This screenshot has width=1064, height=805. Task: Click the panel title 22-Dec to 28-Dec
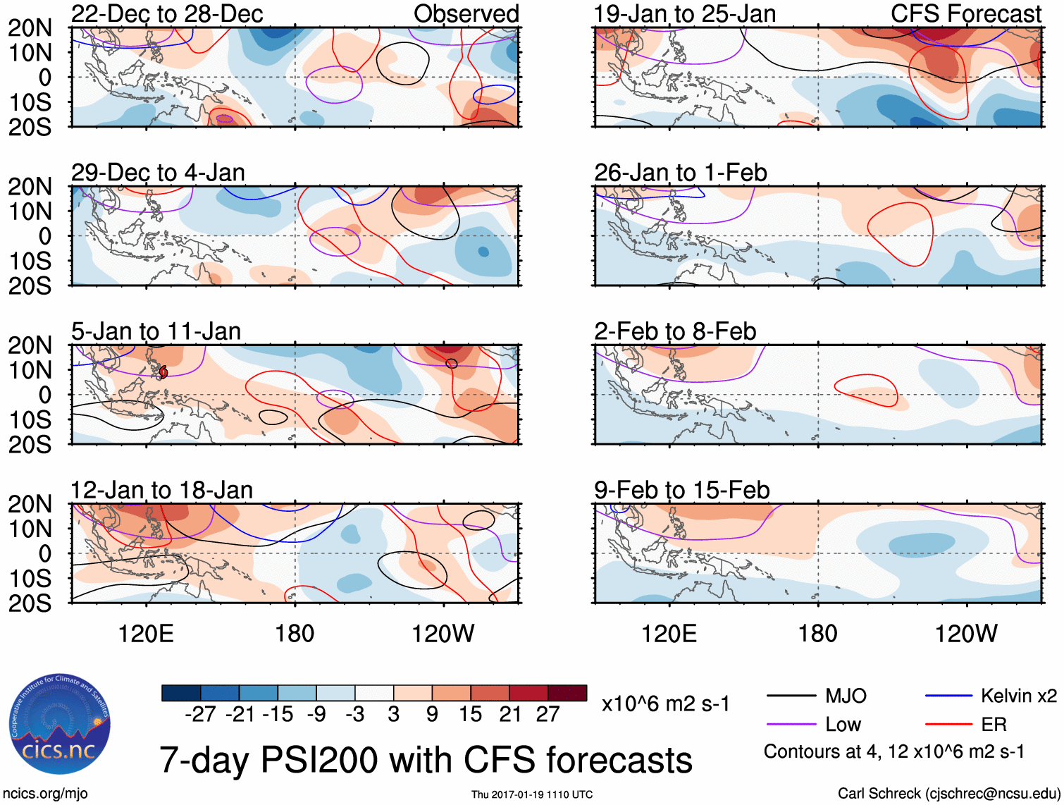point(167,13)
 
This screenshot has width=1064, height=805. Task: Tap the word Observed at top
point(466,13)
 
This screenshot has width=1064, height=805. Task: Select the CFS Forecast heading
point(965,13)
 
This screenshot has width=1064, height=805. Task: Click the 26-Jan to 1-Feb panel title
point(680,173)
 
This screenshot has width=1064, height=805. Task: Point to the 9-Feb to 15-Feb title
point(681,490)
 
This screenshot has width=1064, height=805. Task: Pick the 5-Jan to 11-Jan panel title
point(156,331)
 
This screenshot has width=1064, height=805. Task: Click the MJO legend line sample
point(791,696)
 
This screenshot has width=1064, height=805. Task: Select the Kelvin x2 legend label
point(1018,696)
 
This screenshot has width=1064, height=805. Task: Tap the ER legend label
point(994,725)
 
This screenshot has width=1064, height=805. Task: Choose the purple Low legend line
point(791,725)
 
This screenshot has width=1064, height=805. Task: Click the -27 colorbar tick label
point(200,714)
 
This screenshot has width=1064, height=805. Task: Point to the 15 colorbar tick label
point(470,714)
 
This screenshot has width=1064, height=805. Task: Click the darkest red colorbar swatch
point(567,693)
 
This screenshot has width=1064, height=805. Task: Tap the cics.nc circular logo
point(59,725)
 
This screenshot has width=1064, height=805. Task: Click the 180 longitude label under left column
point(295,634)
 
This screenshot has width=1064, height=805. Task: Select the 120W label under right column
point(966,634)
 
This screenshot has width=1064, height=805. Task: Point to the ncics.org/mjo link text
point(46,794)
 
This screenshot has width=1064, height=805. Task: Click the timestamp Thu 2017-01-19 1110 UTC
point(532,794)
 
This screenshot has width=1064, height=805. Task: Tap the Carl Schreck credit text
point(948,794)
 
